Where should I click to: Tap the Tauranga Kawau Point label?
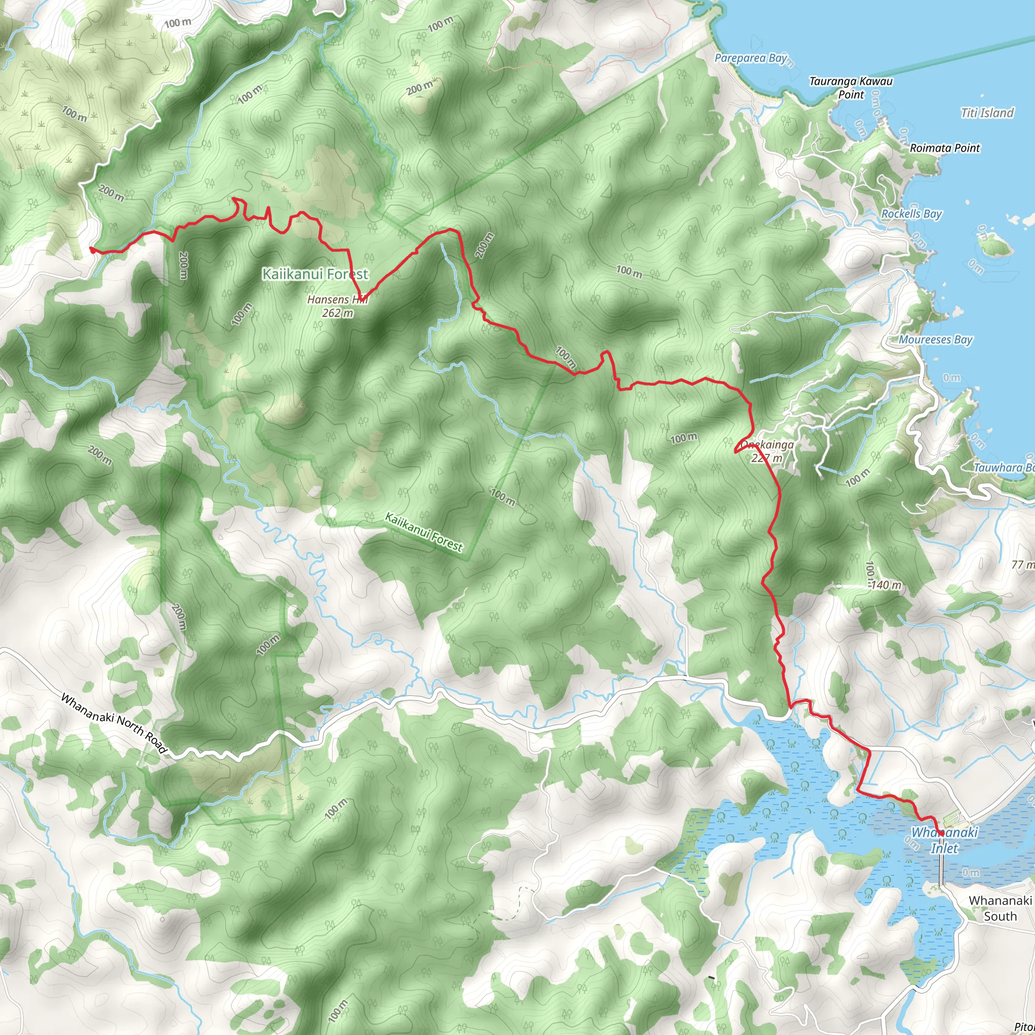coord(851,88)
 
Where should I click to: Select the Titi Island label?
coord(987,113)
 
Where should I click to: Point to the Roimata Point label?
coord(945,148)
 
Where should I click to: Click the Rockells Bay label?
coord(911,214)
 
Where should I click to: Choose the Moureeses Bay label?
coord(935,340)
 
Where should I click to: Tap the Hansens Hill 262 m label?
coord(338,306)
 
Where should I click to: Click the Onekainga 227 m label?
coord(767,451)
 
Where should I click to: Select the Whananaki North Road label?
coord(114,723)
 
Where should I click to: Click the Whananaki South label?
coord(1000,908)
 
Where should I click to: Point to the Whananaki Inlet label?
coord(945,840)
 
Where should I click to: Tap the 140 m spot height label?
coord(886,585)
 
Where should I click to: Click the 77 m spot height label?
coord(1023,564)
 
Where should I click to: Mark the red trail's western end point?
coord(92,250)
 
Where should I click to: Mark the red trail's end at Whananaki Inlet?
coord(941,833)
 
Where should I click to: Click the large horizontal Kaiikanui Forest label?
coord(315,274)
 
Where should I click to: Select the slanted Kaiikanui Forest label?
coord(423,533)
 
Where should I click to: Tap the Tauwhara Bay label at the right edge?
coord(1003,467)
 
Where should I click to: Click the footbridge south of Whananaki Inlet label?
coord(942,868)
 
